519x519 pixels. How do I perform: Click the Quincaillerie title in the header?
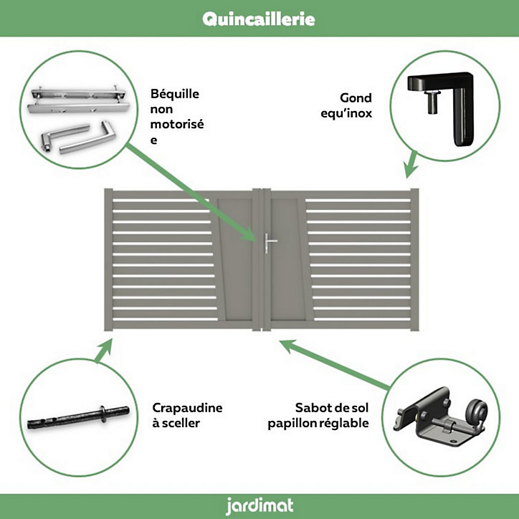pos(259,19)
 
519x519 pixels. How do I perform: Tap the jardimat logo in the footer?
pos(259,506)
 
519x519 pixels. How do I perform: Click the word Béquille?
pos(175,94)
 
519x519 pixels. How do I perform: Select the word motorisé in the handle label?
pos(177,125)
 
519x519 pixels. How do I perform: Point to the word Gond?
pos(356,98)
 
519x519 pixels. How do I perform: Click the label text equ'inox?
pos(346,113)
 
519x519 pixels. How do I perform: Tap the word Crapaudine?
pos(187,408)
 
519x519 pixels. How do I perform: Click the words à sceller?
pos(176,423)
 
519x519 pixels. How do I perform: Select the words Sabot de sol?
pos(332,408)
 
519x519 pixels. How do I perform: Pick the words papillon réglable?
pos(318,424)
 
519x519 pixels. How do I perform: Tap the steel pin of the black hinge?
pos(432,102)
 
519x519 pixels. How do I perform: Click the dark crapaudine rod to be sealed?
pos(78,418)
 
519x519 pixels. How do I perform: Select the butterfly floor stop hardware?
pos(441,418)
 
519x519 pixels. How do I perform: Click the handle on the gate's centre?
pos(270,243)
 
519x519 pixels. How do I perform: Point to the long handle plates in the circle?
pos(79,100)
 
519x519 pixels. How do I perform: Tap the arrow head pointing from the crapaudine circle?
pos(107,346)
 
